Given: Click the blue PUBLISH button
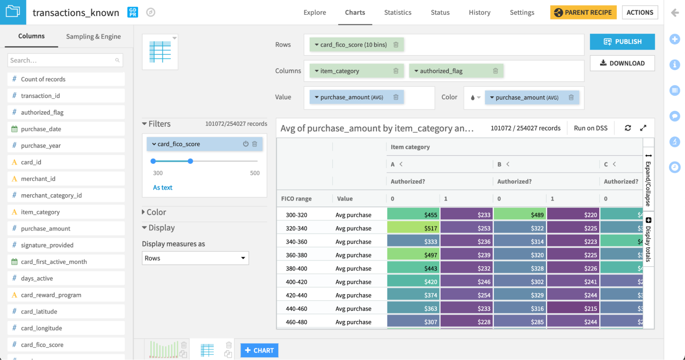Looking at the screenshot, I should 622,42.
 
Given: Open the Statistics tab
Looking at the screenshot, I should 397,13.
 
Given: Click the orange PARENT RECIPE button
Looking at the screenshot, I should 583,13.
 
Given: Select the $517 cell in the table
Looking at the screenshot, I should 413,228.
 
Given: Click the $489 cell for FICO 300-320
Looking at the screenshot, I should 520,215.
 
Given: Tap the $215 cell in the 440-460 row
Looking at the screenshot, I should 573,308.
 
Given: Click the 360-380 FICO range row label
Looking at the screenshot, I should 296,255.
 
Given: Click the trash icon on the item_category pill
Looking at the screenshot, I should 396,71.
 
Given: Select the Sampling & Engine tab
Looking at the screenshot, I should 93,37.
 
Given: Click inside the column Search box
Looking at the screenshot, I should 62,61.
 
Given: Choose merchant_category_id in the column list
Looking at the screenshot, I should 51,195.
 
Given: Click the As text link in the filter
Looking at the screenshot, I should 162,188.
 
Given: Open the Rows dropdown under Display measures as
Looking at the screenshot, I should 195,258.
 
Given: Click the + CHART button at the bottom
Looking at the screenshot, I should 259,350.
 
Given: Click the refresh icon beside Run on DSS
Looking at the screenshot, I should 628,128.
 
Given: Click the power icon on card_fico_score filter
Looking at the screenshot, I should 246,144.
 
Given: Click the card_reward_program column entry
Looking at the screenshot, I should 51,295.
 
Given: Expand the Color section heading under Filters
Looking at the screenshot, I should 156,212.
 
